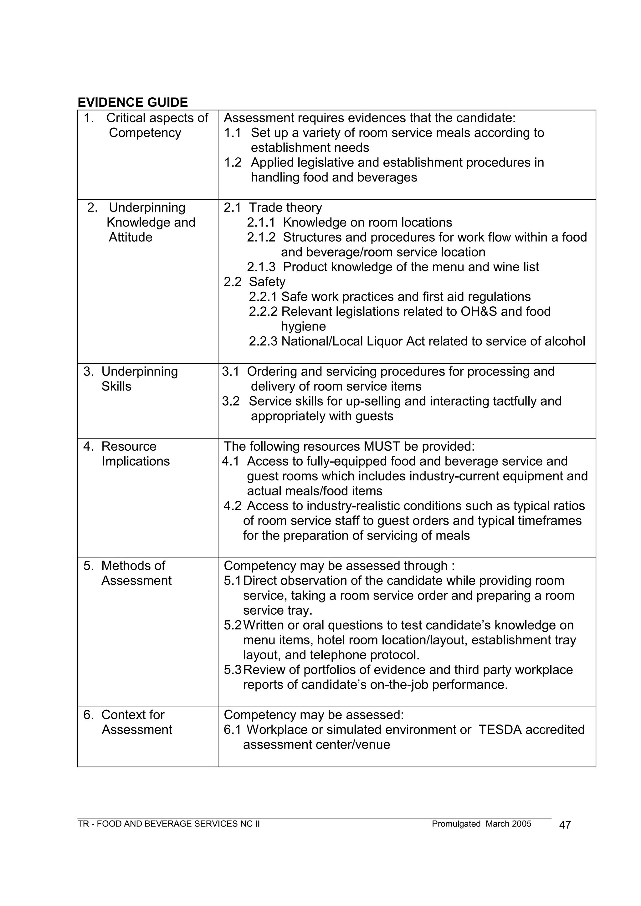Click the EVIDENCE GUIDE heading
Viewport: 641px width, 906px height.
[133, 103]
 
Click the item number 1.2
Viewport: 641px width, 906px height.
[233, 162]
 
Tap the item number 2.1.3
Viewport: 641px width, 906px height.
[261, 267]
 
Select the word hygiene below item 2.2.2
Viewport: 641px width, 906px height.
[303, 326]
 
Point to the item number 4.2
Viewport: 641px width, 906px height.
[233, 506]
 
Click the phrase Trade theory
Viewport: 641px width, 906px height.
[285, 207]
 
